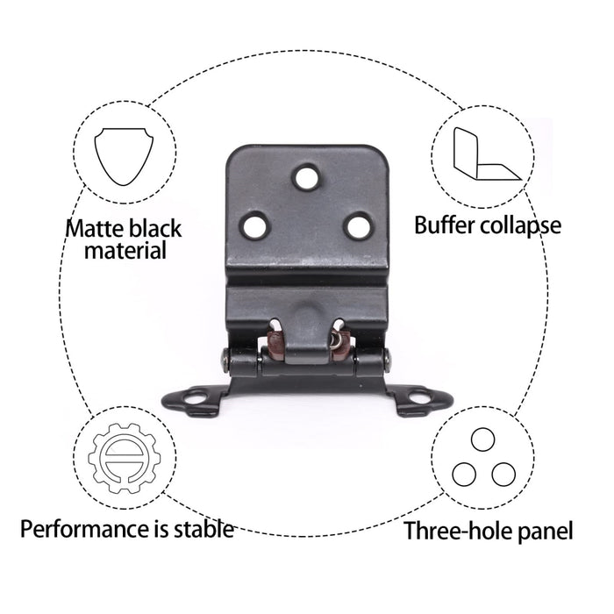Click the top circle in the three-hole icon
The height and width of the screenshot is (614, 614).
pos(482,439)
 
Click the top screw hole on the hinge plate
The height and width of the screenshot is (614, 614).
pos(307,178)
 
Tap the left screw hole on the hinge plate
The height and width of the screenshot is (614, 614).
pos(255,226)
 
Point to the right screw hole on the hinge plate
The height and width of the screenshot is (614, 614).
pos(358,226)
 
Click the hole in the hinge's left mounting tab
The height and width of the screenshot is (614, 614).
pos(196,398)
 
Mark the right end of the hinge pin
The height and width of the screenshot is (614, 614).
pos(388,361)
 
